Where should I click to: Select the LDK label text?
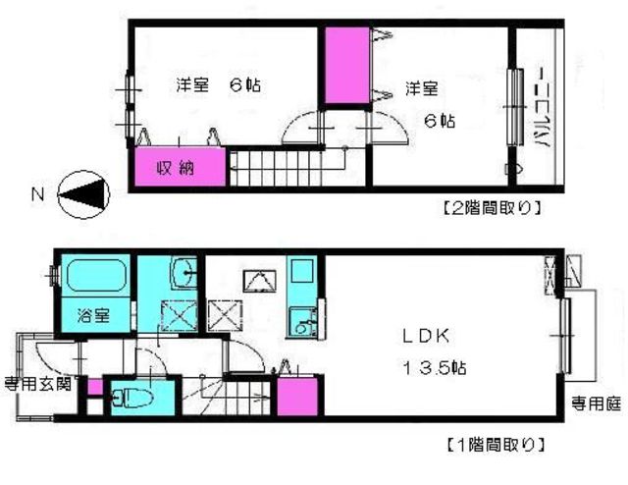424,336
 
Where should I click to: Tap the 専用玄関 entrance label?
36,384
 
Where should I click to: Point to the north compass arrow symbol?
84,193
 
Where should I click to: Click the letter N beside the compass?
37,194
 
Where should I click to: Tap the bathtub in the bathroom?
96,276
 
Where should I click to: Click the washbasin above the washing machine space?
183,273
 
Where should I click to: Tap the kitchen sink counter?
301,295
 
